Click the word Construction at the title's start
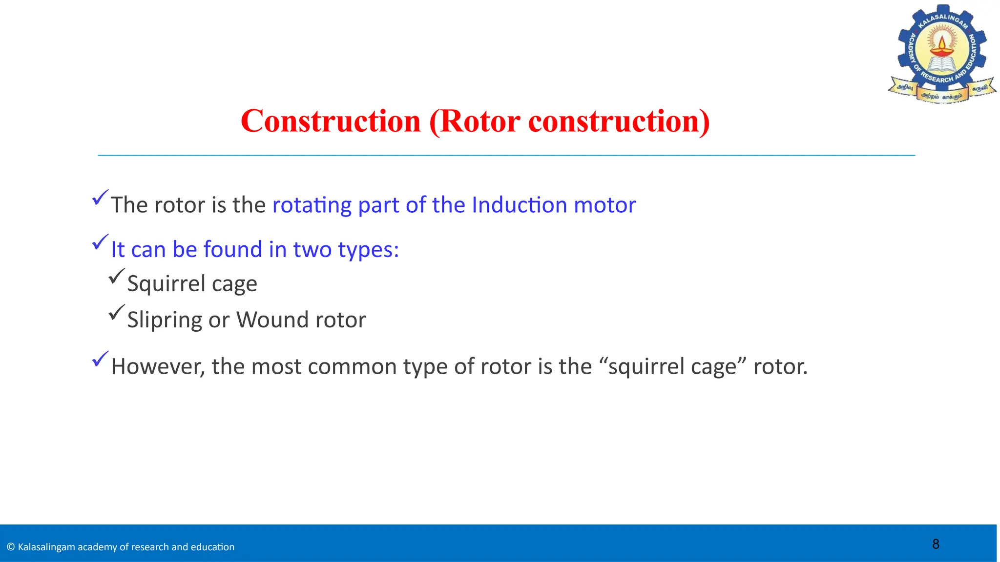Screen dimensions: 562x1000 click(x=331, y=121)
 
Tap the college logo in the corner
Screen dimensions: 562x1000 click(x=941, y=54)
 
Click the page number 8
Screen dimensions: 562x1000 click(x=936, y=544)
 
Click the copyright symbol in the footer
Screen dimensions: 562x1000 click(x=11, y=547)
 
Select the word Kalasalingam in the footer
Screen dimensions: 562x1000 click(x=47, y=547)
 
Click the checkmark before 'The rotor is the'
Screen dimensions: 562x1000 click(x=100, y=198)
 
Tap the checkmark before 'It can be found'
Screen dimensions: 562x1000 click(x=100, y=242)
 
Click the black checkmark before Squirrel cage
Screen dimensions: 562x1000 click(x=117, y=276)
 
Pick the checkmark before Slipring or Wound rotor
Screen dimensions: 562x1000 click(x=117, y=312)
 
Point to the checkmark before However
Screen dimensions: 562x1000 click(x=100, y=360)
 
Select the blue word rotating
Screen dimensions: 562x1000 click(x=312, y=205)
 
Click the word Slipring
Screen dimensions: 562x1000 click(x=164, y=321)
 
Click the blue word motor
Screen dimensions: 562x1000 click(x=604, y=205)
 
